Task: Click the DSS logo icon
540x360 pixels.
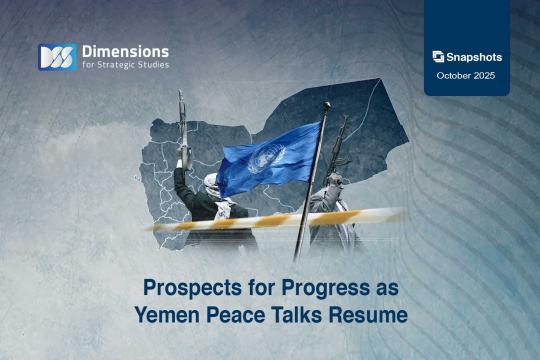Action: click(x=56, y=57)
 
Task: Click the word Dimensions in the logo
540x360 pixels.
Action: click(x=126, y=50)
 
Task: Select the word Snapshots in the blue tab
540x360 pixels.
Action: click(x=475, y=57)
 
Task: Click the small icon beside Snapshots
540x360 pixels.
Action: click(x=438, y=57)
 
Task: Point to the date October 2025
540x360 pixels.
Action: click(x=467, y=76)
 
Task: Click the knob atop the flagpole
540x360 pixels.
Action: click(x=325, y=106)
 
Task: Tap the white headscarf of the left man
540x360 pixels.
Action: click(x=211, y=184)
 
